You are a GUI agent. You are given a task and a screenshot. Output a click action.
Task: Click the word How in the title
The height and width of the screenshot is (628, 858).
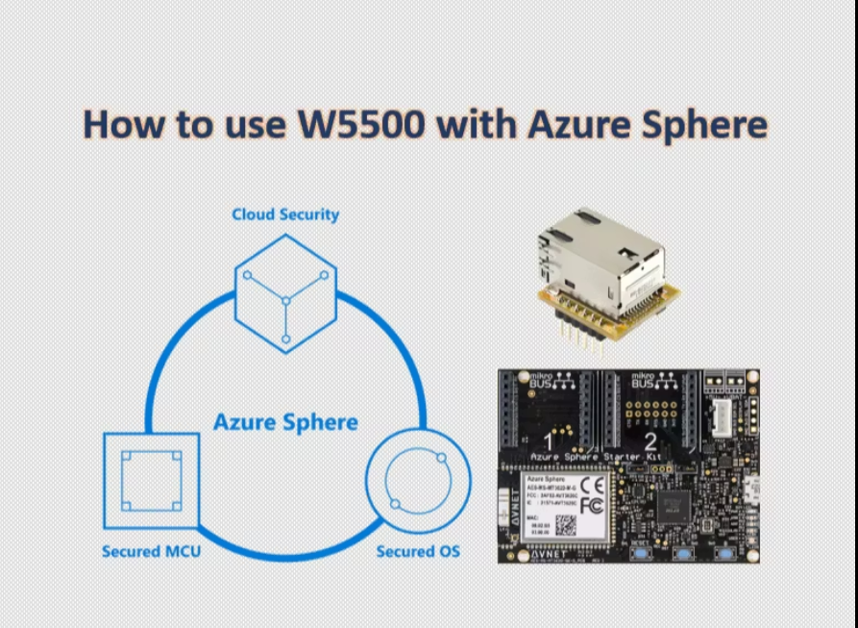point(121,125)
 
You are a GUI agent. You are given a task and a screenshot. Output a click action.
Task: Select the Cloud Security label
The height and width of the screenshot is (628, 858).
point(285,214)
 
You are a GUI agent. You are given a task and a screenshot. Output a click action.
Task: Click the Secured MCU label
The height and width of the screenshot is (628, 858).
point(151,552)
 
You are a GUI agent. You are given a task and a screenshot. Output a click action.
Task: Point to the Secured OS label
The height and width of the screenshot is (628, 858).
point(418,552)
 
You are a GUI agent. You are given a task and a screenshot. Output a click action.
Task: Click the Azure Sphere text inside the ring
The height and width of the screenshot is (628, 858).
point(285,422)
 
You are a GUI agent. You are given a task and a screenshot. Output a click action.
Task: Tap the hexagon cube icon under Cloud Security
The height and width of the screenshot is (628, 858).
point(285,292)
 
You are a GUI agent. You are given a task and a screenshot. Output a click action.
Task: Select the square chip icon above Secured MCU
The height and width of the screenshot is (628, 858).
point(152,481)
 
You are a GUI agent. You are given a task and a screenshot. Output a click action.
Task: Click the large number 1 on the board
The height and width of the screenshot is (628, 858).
point(548,441)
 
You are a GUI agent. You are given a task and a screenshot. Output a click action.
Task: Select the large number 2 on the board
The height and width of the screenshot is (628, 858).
point(650,442)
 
